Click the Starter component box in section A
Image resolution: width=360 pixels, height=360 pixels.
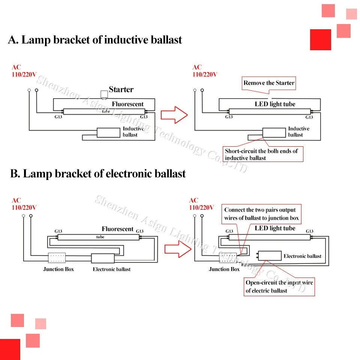104,94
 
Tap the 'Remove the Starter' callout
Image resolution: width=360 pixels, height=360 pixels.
268,83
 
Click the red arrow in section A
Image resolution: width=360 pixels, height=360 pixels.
174,115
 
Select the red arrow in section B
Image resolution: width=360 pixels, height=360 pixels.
178,249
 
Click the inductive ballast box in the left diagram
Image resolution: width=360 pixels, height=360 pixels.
108,133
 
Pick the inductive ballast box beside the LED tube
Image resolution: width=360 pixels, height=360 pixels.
274,133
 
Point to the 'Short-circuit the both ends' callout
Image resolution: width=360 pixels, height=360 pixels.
263,154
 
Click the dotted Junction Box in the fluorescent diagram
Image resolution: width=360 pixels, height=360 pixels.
57,258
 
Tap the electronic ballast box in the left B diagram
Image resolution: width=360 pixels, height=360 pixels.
103,258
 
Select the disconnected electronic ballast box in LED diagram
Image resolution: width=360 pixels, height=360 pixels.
270,255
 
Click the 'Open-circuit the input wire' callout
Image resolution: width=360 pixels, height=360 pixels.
279,287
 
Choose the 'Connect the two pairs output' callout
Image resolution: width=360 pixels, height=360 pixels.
261,214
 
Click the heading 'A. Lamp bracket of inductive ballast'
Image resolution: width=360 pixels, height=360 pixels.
95,40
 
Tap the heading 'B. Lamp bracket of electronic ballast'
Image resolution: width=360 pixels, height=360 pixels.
98,174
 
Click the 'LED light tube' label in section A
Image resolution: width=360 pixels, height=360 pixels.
275,104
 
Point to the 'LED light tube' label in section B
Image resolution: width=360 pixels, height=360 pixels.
275,228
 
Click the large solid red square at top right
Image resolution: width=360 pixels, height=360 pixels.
321,39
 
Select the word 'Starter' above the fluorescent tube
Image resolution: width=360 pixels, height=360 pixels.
121,89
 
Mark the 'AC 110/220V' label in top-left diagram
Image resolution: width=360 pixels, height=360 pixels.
24,71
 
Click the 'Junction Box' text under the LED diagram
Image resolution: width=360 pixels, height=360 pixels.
224,269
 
